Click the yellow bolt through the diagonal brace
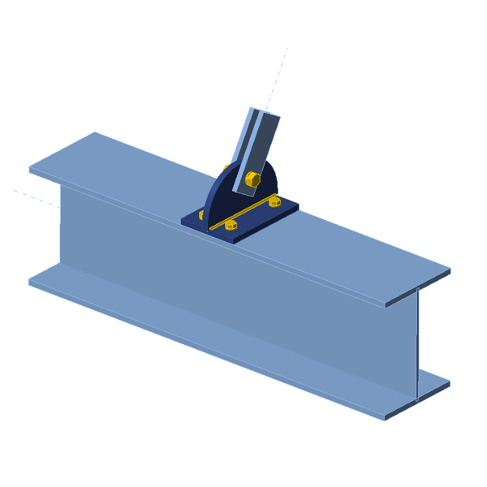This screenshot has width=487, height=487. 251,178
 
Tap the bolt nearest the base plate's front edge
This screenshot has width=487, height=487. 231,225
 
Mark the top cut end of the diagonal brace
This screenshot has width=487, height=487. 265,113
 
